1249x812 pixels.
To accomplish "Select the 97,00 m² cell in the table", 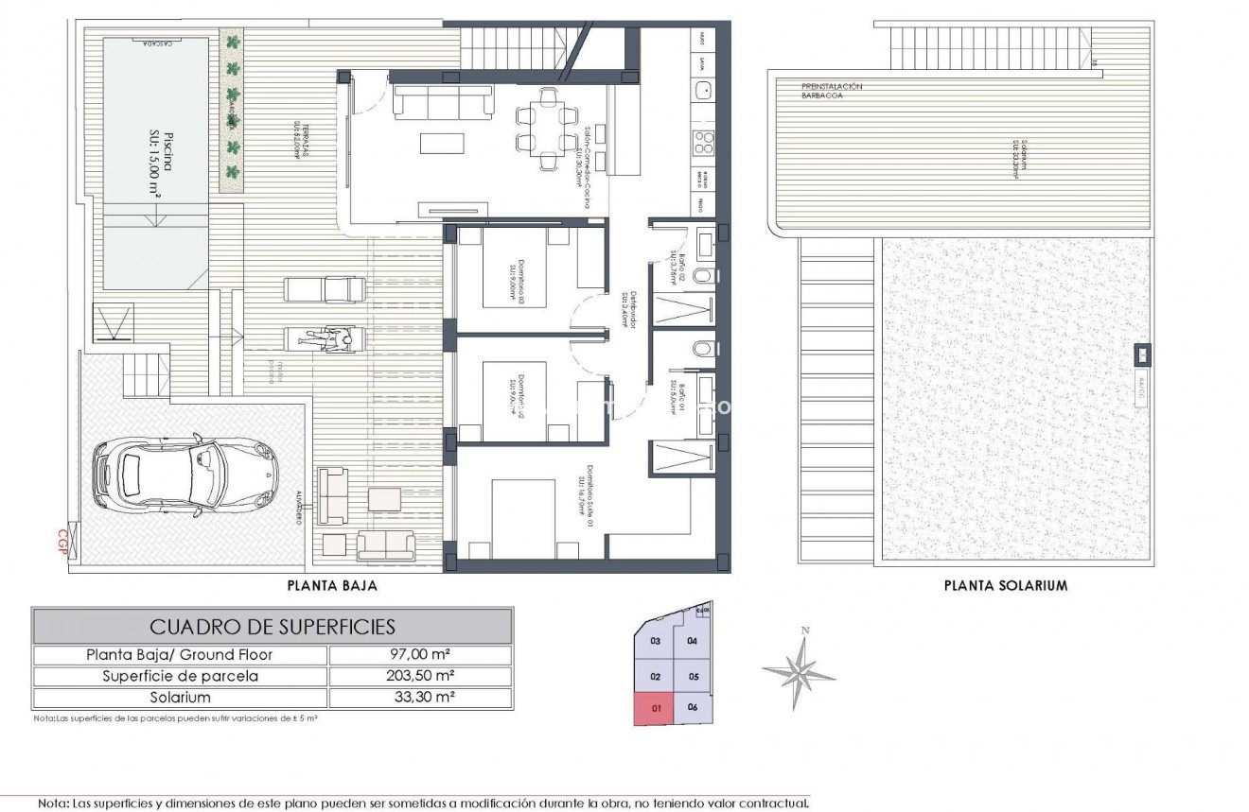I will pos(419,654).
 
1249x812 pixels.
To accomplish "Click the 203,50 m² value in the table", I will pos(419,676).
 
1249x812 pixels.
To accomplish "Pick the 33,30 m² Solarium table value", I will pos(419,698).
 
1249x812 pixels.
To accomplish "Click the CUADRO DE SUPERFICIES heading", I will pos(273,626).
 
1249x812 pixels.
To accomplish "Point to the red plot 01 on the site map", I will pos(656,706).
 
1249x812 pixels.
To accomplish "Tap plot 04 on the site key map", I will pos(692,641).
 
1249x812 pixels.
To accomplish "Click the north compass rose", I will pos(801,669).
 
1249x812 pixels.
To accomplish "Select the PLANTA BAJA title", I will pos(332,585).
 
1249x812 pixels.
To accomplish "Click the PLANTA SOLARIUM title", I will pos(1006,585).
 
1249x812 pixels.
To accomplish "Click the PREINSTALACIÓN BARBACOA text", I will pos(832,91).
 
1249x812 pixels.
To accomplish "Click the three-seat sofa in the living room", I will pos(443,100).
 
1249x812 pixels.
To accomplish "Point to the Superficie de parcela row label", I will pos(181,676).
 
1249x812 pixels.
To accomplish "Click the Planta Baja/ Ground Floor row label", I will pos(181,654).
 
